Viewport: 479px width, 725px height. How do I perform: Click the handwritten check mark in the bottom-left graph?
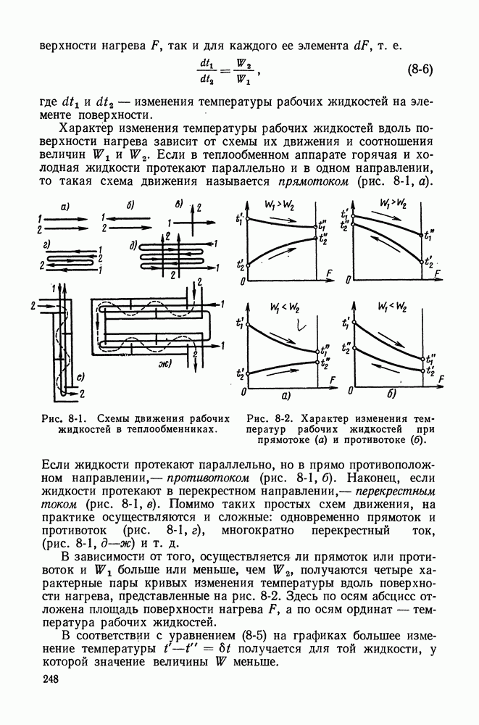point(296,327)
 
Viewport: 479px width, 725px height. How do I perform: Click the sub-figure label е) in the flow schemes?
point(81,376)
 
